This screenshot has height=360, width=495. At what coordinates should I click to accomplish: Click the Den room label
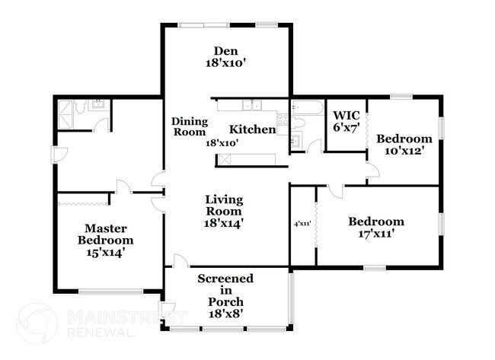225,52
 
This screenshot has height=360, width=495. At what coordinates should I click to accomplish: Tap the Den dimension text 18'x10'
225,65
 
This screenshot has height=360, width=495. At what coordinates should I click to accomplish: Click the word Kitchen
252,129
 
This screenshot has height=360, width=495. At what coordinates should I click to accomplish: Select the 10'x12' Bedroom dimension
404,151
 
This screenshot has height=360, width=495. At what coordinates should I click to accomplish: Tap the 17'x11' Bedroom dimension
376,234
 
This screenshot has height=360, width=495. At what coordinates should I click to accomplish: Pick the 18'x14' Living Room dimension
225,223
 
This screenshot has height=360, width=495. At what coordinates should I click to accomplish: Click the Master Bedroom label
104,234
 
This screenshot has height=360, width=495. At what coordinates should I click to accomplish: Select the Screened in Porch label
225,290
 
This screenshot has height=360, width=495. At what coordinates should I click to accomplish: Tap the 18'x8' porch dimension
225,314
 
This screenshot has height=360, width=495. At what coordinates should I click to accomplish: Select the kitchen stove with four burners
283,119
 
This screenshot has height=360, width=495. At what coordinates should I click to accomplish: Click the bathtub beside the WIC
308,106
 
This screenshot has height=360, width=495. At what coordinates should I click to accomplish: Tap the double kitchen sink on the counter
252,104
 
